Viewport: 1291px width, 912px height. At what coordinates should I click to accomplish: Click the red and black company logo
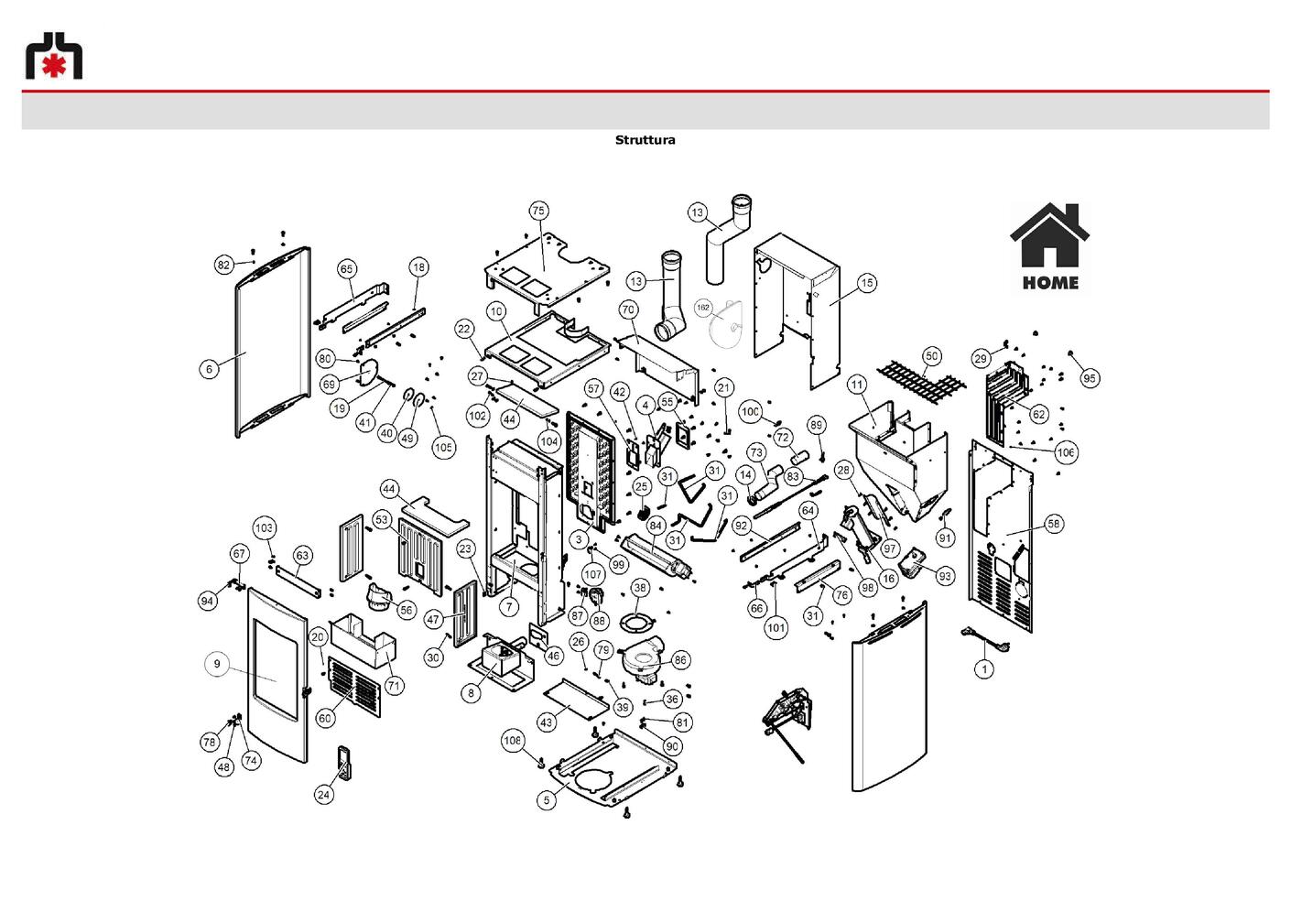pos(54,55)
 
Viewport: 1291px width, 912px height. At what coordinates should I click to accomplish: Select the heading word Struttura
pos(645,140)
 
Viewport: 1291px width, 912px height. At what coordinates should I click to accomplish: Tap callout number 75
pos(538,211)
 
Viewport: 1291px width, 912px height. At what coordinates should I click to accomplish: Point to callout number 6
pos(209,369)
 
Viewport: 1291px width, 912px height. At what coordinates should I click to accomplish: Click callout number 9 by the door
pos(217,664)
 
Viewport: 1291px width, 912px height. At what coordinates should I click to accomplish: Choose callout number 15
pos(867,283)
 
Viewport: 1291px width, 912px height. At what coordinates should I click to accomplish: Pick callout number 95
pos(1090,379)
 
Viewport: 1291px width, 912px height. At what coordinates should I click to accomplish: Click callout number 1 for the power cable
pos(983,669)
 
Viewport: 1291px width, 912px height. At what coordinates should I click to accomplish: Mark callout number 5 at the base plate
pos(547,800)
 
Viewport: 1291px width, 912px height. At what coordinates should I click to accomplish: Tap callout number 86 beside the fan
pos(680,660)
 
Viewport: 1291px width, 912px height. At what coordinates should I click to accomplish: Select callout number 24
pos(324,795)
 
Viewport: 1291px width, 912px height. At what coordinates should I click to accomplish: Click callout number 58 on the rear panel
pos(1054,524)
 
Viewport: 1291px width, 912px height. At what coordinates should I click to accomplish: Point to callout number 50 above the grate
pos(932,356)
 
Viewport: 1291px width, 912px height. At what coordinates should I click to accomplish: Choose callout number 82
pos(223,266)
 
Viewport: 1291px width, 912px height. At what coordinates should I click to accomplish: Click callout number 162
pos(702,308)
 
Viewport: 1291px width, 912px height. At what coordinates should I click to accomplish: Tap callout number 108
pos(512,740)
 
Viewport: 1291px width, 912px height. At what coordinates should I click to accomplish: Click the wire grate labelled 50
pos(921,381)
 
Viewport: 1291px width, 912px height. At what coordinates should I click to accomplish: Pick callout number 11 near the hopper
pos(857,385)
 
